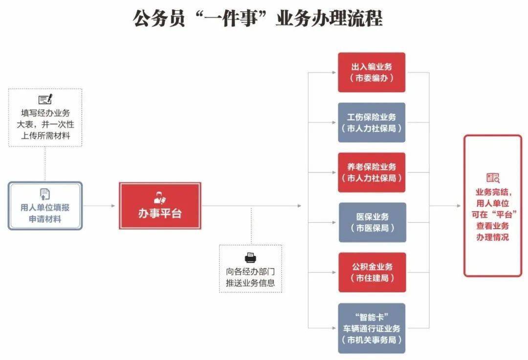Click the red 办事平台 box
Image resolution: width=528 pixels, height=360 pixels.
pos(160,206)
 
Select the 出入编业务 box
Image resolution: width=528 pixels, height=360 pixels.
pos(372,72)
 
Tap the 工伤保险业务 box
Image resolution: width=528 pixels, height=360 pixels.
pos(372,123)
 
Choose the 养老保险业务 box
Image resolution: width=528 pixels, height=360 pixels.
pos(372,172)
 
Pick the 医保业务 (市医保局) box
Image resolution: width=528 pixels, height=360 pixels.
pos(372,222)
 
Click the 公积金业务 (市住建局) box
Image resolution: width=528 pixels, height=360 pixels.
pos(372,272)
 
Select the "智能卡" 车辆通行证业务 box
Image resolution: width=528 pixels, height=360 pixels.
pos(372,328)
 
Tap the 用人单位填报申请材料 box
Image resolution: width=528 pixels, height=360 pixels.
pos(45,206)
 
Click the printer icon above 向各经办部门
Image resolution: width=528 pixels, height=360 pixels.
pos(250,258)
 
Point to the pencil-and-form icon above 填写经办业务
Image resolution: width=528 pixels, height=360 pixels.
pos(45,99)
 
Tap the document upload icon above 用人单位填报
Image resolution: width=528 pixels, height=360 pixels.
pos(45,194)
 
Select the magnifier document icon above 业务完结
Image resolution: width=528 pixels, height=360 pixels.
pos(493,178)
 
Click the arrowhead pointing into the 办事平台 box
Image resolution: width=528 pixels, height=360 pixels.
pos(113,206)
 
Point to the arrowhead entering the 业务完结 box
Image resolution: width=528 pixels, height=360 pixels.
pos(458,206)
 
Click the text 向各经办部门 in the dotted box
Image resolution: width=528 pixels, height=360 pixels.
pos(250,272)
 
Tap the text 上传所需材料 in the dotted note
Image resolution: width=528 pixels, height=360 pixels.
pos(45,136)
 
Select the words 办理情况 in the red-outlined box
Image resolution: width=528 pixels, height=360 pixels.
pos(492,237)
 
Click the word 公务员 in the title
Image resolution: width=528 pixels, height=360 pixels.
pos(158,19)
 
